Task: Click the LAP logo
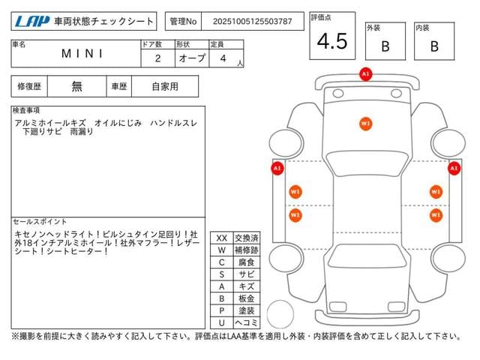pos(31,21)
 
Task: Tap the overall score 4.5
pos(331,42)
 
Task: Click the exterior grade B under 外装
pos(385,46)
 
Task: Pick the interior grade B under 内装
pos(434,46)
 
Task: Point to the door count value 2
pos(157,58)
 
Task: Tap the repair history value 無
pos(77,86)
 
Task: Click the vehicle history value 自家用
pos(164,86)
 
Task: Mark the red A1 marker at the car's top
pos(365,74)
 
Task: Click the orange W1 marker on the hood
pos(365,123)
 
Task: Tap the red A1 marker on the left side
pos(277,169)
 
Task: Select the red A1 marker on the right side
pos(454,169)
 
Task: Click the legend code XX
pos(221,238)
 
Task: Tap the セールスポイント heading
pos(40,222)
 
